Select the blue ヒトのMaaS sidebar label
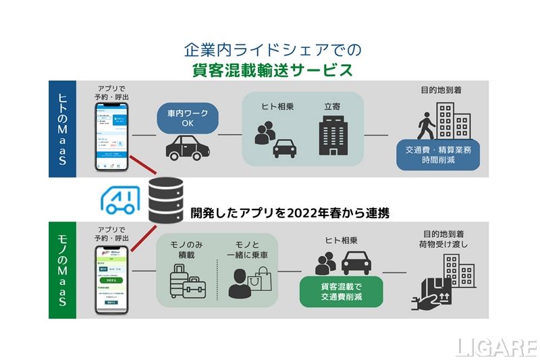[x=62, y=128]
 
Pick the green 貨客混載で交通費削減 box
[x=341, y=291]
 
